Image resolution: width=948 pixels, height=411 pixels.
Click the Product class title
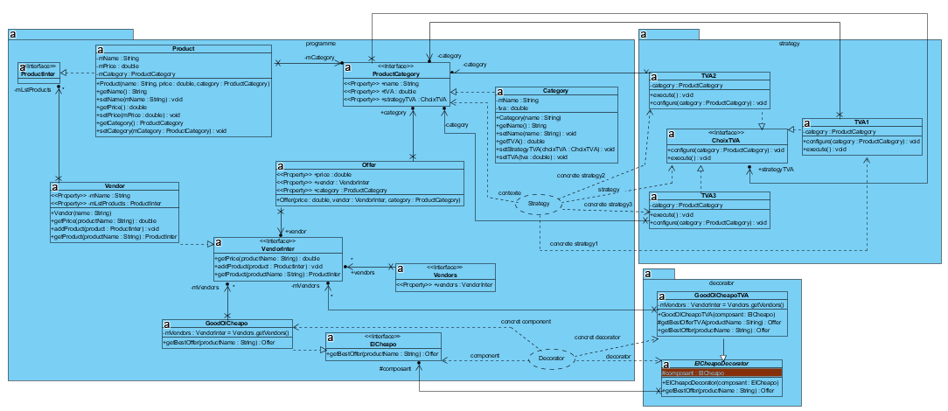pyautogui.click(x=184, y=49)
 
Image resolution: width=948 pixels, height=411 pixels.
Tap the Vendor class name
pyautogui.click(x=115, y=187)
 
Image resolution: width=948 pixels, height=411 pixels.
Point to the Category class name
pyautogui.click(x=555, y=91)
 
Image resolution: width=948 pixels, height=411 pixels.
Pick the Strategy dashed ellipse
pyautogui.click(x=540, y=205)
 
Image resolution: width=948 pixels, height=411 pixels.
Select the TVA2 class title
pyautogui.click(x=709, y=76)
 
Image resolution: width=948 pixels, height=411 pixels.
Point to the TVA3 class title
pyautogui.click(x=709, y=196)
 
